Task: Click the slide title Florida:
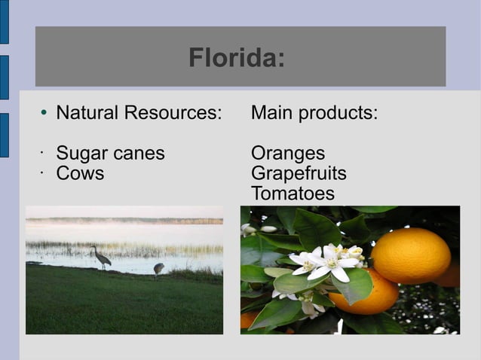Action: tap(236, 57)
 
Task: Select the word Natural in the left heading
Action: tap(87, 114)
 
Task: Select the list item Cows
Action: tap(80, 174)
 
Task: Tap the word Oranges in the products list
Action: tap(287, 154)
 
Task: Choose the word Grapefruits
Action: tap(299, 174)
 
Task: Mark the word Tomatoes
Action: tap(293, 194)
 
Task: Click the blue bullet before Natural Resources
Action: tap(44, 114)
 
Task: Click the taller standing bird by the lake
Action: tap(100, 258)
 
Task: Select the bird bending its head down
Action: tap(159, 268)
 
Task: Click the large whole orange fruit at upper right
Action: tap(411, 255)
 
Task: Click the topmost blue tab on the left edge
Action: tap(4, 23)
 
